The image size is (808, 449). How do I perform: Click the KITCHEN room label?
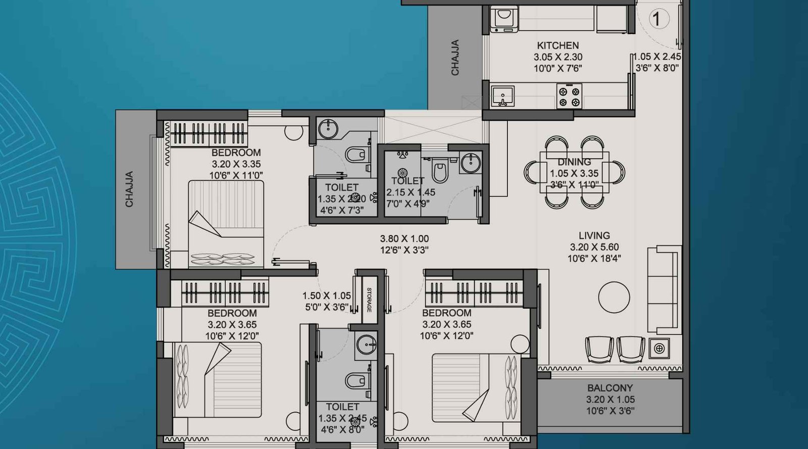click(x=558, y=45)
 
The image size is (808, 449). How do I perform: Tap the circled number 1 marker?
click(x=656, y=20)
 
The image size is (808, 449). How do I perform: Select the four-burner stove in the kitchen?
click(x=569, y=96)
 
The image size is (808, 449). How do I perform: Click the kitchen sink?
click(x=502, y=96)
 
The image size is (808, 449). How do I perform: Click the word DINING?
click(x=574, y=162)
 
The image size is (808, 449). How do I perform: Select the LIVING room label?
click(x=594, y=235)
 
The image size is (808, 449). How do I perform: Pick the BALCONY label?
click(x=610, y=388)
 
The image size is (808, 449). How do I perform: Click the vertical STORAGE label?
click(x=369, y=300)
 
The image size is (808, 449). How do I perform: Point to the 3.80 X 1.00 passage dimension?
click(x=404, y=239)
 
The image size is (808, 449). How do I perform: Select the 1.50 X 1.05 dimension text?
click(x=326, y=296)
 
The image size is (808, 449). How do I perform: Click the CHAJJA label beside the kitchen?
click(x=455, y=58)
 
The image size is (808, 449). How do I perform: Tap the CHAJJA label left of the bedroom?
click(x=129, y=189)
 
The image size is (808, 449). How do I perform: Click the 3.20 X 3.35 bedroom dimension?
click(x=236, y=164)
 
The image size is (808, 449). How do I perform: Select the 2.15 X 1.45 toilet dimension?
click(x=411, y=192)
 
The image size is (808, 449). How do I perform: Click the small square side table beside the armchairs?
click(x=659, y=348)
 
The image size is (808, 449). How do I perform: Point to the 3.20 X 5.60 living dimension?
click(x=594, y=247)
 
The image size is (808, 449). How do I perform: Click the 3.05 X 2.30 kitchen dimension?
click(x=558, y=58)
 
